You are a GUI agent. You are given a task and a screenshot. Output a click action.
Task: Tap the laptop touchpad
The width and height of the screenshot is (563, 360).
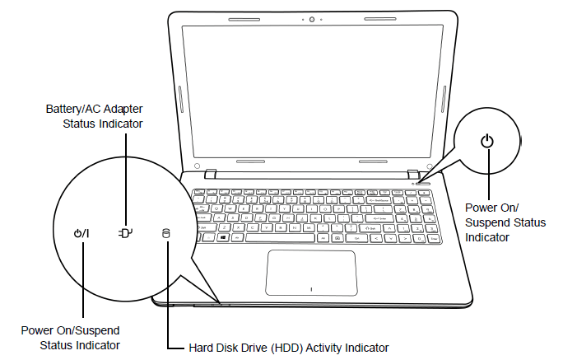pos(311,270)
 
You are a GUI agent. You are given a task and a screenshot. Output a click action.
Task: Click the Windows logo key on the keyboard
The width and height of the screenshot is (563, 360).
pos(222,236)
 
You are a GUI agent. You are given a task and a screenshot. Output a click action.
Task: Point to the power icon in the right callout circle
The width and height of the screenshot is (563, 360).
pos(488,141)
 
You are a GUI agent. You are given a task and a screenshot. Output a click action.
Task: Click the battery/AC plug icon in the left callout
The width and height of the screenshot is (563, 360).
pos(125,233)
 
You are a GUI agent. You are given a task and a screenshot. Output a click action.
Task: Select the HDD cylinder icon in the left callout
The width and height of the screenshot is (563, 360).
pos(165,233)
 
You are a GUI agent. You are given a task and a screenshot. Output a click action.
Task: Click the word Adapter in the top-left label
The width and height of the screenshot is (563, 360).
pos(124,108)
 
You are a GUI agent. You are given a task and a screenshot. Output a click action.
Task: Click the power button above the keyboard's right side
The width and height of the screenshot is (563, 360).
pos(423,180)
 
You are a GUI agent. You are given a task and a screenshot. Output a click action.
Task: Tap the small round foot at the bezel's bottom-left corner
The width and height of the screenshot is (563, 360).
pos(198,166)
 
